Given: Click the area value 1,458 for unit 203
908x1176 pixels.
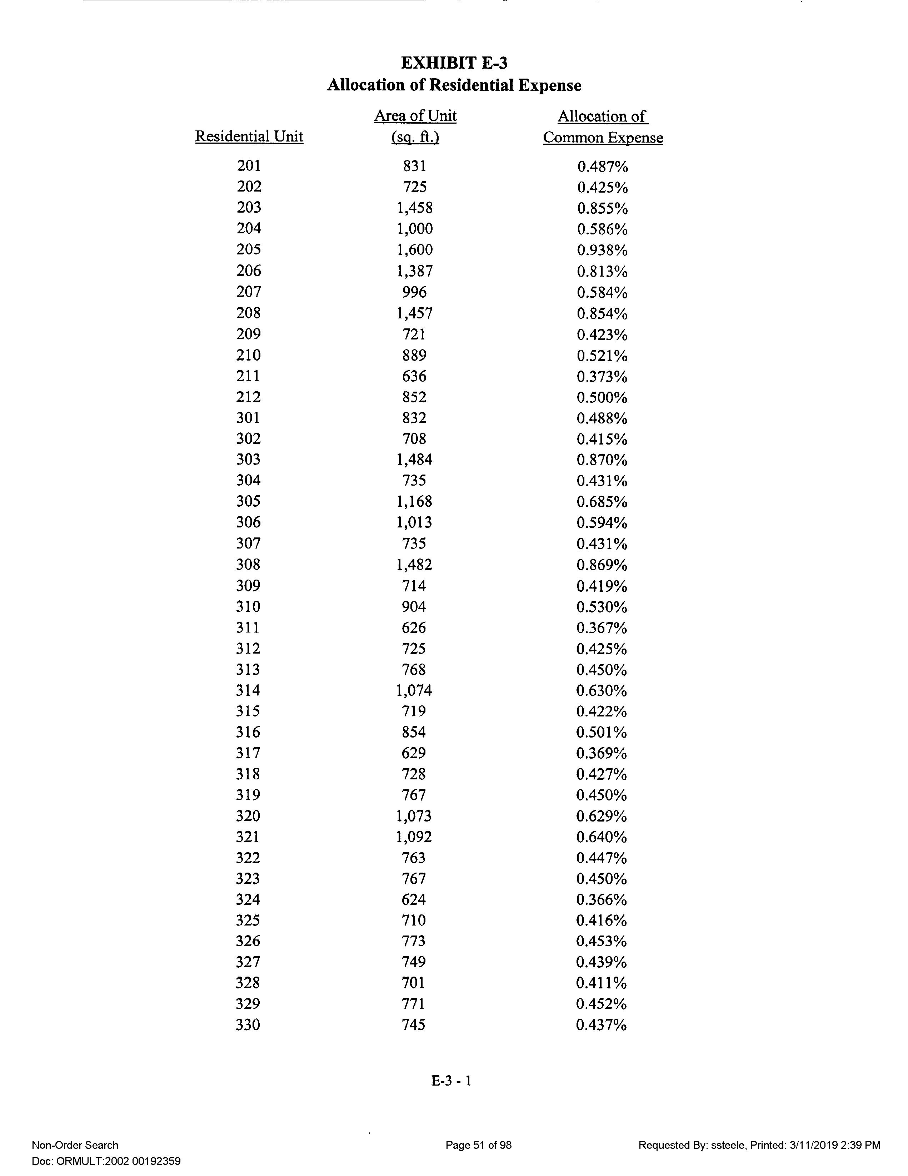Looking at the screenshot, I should tap(414, 208).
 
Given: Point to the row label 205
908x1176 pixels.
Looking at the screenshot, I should tap(249, 249).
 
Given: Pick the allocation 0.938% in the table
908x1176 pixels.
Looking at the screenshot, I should tap(602, 250).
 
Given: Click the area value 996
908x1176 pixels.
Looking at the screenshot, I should tap(414, 292).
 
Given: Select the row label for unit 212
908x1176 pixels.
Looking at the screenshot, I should tap(249, 397).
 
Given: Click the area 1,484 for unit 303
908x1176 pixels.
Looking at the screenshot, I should tap(414, 459).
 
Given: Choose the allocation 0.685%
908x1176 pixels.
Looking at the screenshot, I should tap(602, 502).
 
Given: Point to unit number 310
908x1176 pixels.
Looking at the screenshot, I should tap(248, 607).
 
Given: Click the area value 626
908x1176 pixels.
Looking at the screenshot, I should tap(414, 628).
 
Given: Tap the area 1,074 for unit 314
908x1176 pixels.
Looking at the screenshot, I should tap(414, 690).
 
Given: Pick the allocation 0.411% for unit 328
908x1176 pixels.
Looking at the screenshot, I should tap(601, 983).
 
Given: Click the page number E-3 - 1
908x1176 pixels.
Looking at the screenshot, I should tap(451, 1081).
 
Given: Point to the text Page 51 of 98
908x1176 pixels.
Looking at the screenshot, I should tap(479, 1145).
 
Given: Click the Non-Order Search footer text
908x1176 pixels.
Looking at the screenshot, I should tap(75, 1145).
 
